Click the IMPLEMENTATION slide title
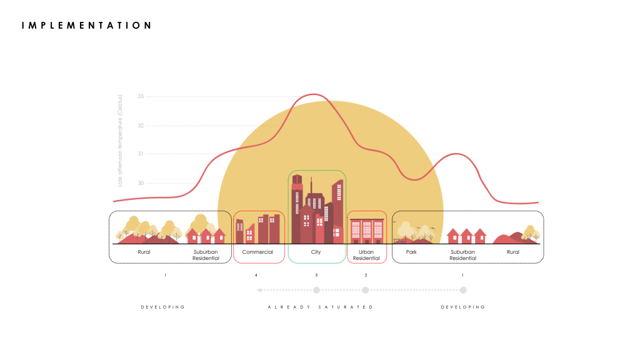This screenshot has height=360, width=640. pos(86,26)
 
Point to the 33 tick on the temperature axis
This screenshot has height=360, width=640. pos(141,96)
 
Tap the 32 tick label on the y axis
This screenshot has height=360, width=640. pos(141,126)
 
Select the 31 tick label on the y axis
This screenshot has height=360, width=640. pos(141,154)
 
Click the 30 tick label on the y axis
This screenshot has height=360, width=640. pos(141,183)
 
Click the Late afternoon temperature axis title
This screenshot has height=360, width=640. pos(120,141)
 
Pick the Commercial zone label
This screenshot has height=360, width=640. pos(257,252)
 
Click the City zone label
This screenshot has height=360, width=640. pos(316,252)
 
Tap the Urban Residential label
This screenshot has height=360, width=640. pos(366,255)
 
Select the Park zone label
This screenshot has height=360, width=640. pos(411,252)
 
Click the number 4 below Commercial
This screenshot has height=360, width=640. pos(256,275)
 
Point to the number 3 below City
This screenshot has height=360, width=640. pos(316,275)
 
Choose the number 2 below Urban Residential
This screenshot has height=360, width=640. pos(366,275)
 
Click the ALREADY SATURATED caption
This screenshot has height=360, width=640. pos(320,307)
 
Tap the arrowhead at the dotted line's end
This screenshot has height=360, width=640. pos(259,290)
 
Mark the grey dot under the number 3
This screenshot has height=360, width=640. pos(316,290)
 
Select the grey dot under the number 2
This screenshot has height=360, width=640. pos(366,290)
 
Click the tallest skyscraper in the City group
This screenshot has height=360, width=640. pos(297,206)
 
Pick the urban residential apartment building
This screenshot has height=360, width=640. pos(367,231)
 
